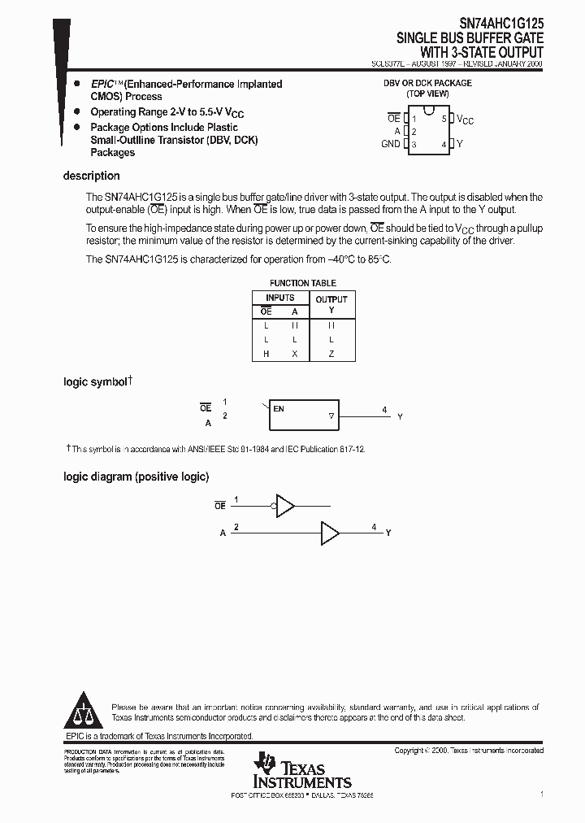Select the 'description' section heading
point(92,176)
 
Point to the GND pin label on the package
point(390,144)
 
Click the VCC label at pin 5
point(465,120)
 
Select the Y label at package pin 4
point(460,144)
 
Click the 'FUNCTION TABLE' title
point(303,283)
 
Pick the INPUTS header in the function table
point(280,298)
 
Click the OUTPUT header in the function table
point(331,298)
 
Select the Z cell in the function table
point(331,354)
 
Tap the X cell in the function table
point(295,354)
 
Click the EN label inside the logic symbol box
point(279,409)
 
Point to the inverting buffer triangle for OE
point(286,505)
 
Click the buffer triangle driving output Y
point(330,533)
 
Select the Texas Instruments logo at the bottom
point(301,770)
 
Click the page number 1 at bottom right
point(541,793)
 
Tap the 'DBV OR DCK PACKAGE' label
point(427,83)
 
